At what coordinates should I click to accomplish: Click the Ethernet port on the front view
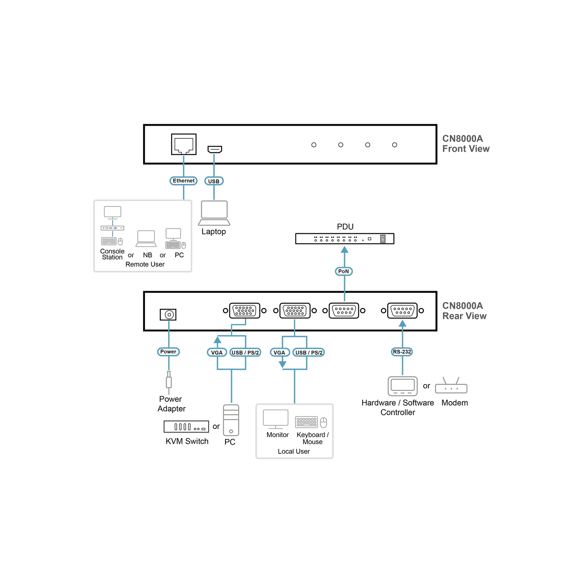184,144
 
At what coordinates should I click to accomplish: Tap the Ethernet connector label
184,181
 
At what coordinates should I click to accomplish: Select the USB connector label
214,181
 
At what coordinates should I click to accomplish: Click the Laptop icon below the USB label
214,213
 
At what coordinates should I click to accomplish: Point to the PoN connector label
344,271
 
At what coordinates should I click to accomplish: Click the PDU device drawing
345,239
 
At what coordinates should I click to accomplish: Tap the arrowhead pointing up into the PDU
344,250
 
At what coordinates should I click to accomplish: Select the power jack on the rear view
168,314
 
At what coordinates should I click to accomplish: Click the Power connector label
168,352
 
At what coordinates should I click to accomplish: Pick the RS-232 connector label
402,352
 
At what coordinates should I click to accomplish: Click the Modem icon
451,386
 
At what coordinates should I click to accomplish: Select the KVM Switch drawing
186,426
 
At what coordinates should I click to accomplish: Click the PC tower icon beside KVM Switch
231,420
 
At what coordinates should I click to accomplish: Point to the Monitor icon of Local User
276,419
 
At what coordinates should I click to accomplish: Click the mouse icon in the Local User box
324,422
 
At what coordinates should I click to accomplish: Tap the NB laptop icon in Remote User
146,239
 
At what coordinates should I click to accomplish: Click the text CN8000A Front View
466,144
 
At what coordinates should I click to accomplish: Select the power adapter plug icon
169,382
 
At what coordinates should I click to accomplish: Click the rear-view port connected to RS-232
402,311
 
